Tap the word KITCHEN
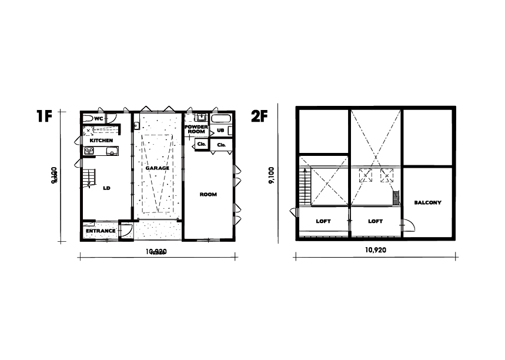point(101,141)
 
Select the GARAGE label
point(158,168)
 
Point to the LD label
point(106,189)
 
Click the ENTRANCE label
point(101,231)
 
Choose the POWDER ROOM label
point(196,129)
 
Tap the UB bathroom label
point(221,130)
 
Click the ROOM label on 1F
point(208,194)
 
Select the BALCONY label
point(427,202)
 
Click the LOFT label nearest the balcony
point(375,222)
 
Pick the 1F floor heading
point(44,116)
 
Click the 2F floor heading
point(259,116)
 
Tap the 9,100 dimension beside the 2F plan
point(272,175)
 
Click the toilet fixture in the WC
point(87,118)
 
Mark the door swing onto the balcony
point(407,225)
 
